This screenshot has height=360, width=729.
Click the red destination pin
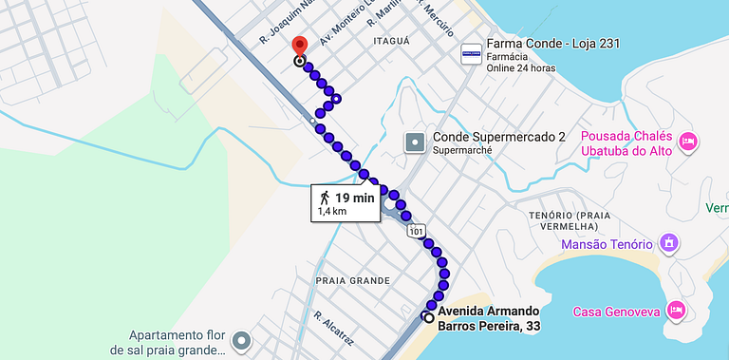299,47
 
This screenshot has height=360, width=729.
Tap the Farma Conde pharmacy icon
471,54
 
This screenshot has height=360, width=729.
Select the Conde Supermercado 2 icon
415,143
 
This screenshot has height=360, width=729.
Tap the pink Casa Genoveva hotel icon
676,311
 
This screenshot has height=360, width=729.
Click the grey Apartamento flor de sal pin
242,340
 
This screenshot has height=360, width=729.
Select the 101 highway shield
417,231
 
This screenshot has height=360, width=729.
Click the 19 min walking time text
354,197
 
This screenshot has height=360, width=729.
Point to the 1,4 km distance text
332,211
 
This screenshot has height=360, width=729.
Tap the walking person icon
325,198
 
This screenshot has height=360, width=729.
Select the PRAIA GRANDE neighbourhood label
351,280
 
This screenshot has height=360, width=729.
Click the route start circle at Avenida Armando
428,317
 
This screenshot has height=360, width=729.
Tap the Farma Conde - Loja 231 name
540,45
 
